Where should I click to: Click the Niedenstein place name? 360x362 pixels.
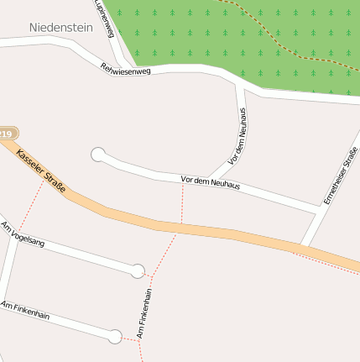(x=60, y=27)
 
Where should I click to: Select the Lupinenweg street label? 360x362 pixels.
(x=106, y=18)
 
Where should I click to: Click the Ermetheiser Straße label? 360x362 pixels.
(x=340, y=176)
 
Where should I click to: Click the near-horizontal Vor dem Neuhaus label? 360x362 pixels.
(x=210, y=182)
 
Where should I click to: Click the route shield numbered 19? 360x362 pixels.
(x=7, y=134)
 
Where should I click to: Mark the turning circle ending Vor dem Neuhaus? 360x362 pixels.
(x=98, y=154)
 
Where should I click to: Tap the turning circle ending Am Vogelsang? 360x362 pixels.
(x=138, y=270)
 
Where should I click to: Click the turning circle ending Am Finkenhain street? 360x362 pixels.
(x=115, y=337)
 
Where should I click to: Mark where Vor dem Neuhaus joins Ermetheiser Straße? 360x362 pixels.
(x=317, y=209)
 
